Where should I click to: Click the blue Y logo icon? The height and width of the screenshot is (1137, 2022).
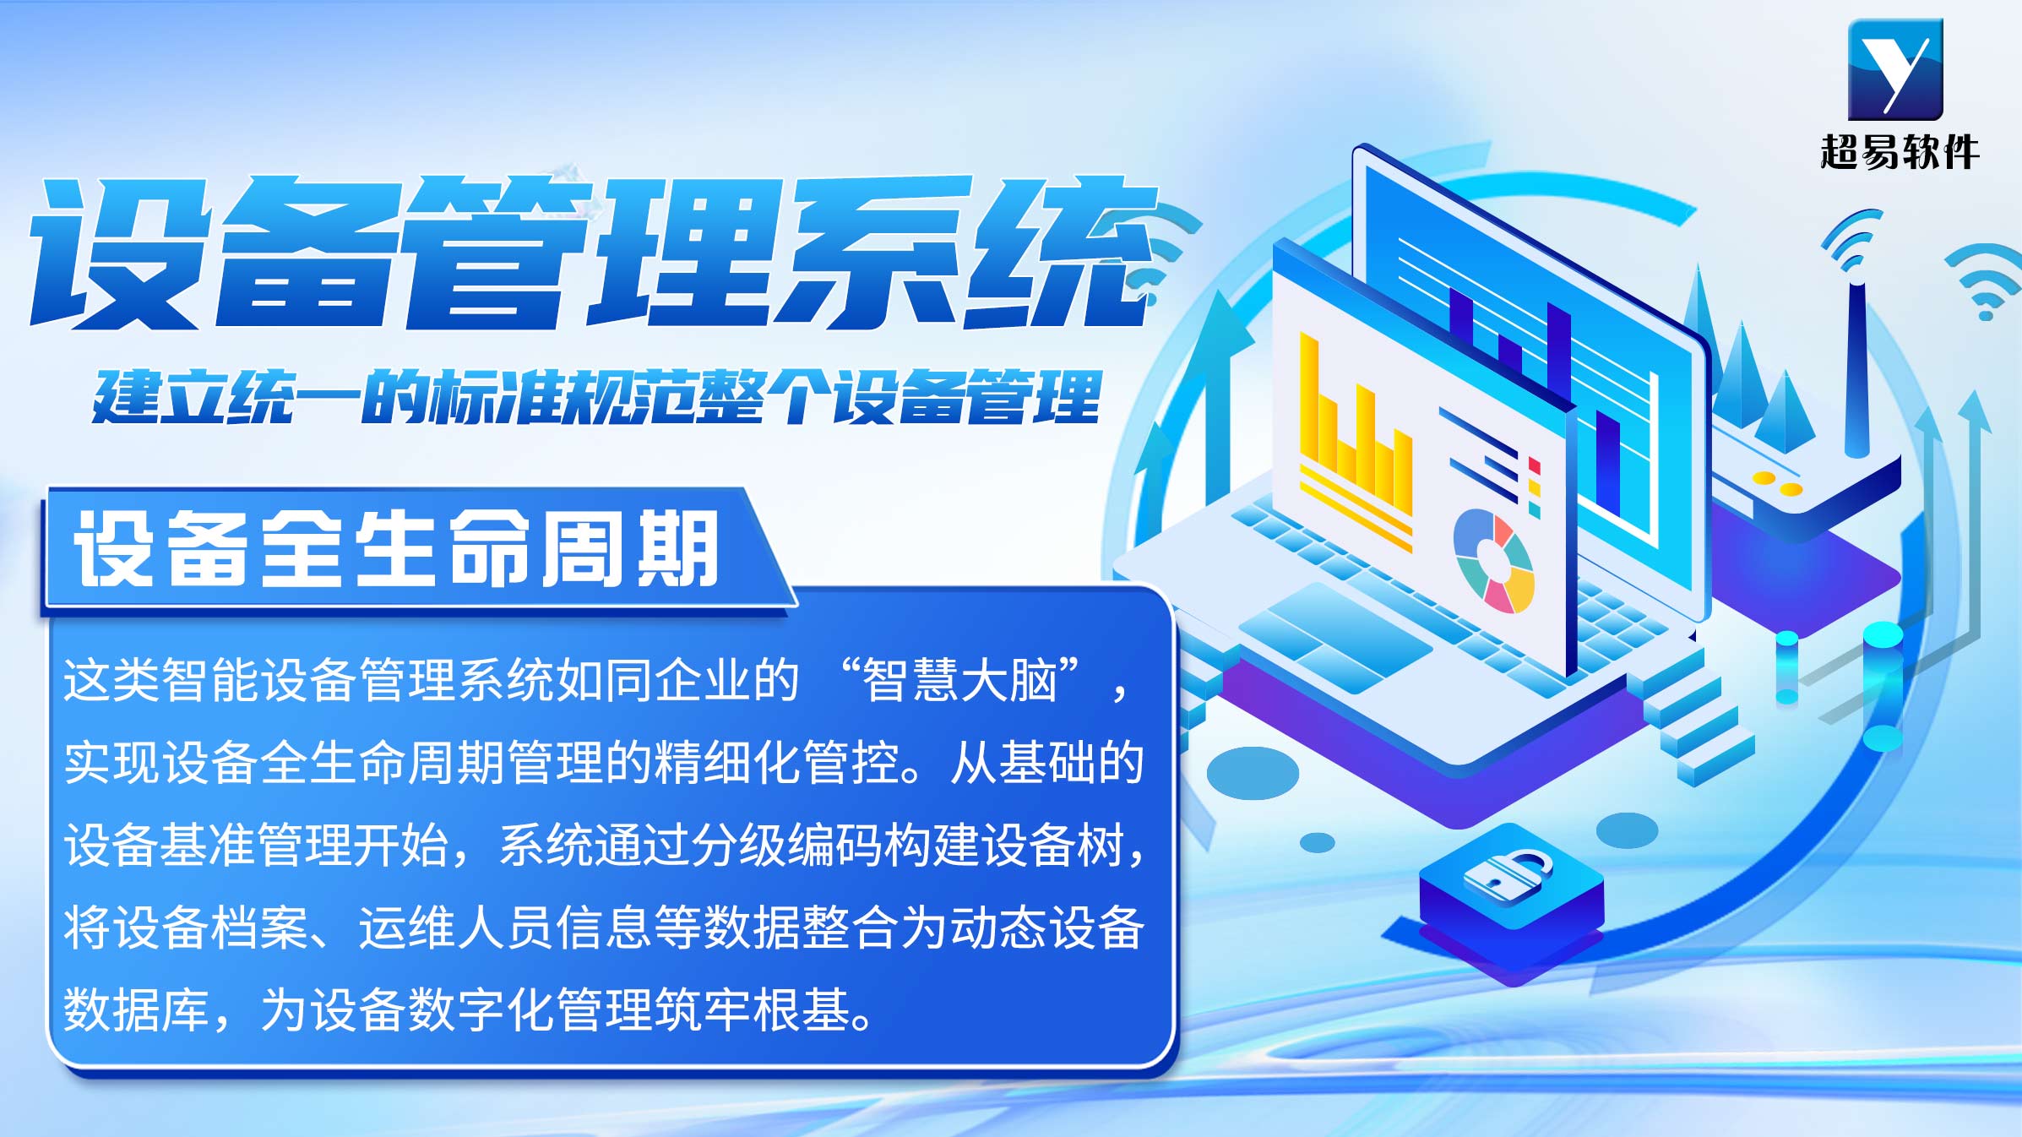pos(1895,69)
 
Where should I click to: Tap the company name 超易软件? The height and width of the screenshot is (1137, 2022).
pos(1899,152)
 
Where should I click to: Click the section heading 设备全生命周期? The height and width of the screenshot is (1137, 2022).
pos(397,549)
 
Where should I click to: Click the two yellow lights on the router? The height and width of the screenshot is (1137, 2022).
pos(1777,483)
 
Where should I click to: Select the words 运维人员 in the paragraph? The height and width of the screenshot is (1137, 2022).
pos(457,928)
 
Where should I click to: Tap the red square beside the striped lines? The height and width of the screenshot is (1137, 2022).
pos(1534,466)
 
